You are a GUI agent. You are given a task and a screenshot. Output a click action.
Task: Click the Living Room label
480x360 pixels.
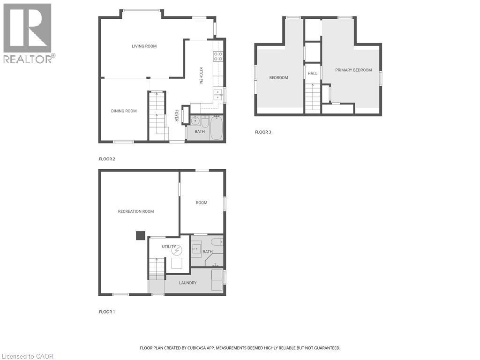[x=144, y=46]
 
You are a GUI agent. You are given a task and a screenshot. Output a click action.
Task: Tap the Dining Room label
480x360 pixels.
[x=124, y=111]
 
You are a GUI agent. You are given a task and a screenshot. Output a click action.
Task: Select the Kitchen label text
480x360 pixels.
[x=201, y=75]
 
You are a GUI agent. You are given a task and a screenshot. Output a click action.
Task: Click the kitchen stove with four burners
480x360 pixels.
[x=218, y=57]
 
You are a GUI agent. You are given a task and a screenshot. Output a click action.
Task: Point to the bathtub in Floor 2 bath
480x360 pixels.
[x=216, y=128]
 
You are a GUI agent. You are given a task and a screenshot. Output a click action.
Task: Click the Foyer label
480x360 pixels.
[x=177, y=116]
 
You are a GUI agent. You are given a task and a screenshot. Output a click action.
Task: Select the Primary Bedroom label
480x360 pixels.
[x=353, y=70]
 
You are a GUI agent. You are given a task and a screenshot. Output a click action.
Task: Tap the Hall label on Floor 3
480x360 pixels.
[x=312, y=74]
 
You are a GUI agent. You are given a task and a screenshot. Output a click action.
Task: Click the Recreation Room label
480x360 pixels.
[x=136, y=211]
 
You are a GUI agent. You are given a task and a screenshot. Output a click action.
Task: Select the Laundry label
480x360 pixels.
[x=187, y=283]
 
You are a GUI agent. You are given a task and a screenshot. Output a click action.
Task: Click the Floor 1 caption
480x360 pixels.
[x=107, y=312]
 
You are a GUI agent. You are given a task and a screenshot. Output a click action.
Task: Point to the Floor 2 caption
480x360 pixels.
[x=107, y=159]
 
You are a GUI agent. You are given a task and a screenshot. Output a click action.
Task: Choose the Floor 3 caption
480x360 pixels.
[x=263, y=132]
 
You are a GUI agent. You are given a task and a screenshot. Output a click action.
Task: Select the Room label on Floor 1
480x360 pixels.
[x=202, y=202]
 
